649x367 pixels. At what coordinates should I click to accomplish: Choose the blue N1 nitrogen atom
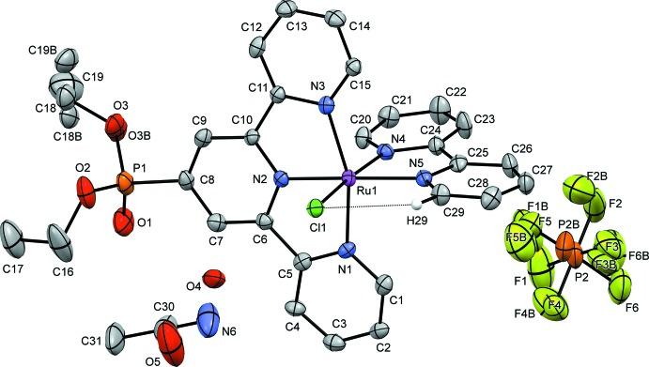[348, 250]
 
